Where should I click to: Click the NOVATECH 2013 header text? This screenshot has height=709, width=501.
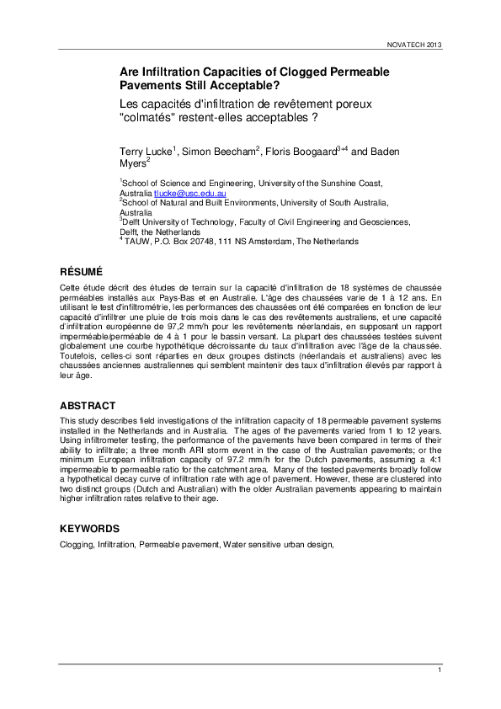[413, 45]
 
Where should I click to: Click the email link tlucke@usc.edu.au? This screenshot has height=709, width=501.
[190, 194]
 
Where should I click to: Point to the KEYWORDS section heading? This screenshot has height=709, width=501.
[89, 529]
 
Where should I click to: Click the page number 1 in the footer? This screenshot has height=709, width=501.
[440, 669]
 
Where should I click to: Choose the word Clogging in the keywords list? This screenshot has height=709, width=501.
[76, 546]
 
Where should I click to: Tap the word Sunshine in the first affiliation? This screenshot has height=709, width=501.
[336, 184]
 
